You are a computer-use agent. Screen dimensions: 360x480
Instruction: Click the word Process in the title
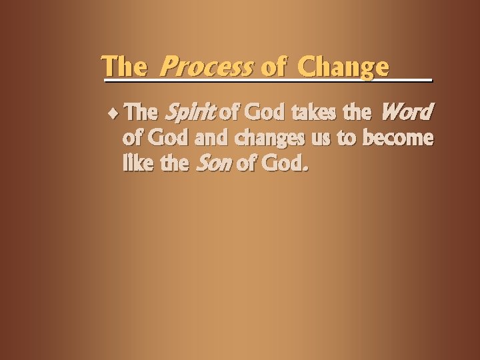tap(207, 67)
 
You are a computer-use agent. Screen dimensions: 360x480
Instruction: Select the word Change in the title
tap(343, 67)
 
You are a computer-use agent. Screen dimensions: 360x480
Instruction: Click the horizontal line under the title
tap(267, 80)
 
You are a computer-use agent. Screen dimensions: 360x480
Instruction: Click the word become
tap(398, 138)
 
